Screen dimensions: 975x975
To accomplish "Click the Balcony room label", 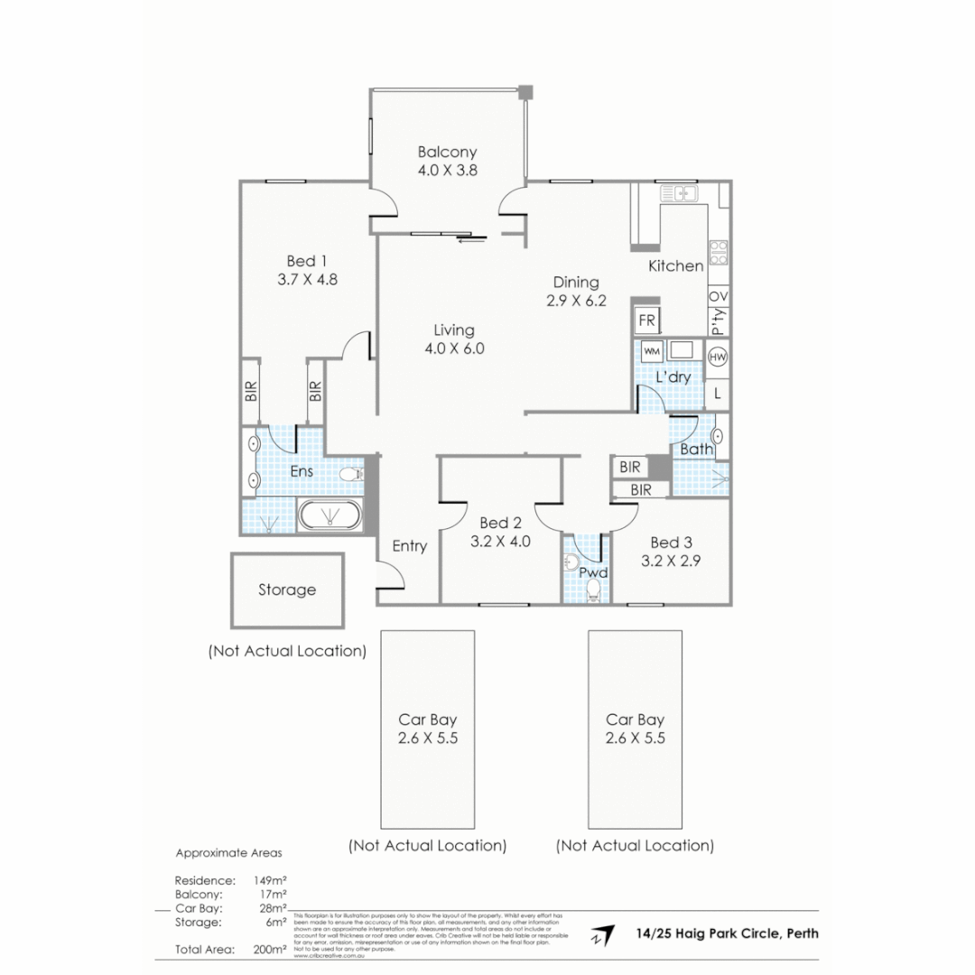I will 447,153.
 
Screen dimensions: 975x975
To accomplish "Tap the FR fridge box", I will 646,320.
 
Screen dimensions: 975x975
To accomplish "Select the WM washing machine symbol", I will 652,350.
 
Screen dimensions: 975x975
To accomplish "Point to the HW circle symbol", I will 719,357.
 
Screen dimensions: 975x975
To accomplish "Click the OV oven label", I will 719,297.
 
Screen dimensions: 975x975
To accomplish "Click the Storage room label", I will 287,590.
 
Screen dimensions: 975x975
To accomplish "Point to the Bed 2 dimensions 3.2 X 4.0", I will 500,543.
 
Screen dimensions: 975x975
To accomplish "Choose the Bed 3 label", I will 671,542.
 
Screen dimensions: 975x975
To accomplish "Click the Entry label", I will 409,546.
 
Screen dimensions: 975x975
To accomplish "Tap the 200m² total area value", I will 271,949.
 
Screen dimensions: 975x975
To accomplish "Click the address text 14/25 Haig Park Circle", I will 727,933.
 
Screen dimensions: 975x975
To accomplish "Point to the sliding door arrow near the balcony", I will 471,239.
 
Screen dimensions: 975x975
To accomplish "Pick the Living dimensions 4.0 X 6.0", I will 453,348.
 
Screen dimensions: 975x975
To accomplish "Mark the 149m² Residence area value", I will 270,879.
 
